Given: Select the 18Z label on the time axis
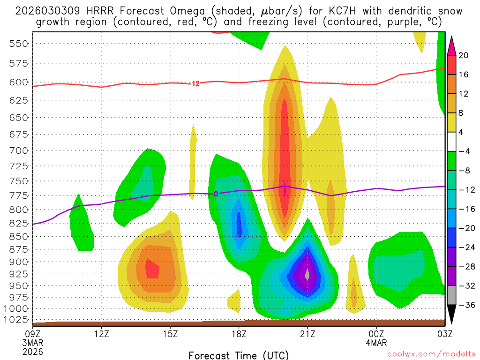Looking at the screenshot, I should pos(239,334).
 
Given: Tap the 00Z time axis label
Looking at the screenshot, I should pos(376,334).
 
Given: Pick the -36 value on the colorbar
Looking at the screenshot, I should pos(465,305).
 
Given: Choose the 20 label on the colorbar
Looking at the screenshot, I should pos(464,55).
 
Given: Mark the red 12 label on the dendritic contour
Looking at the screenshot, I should pos(195,84).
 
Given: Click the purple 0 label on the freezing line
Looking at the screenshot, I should pos(216,194).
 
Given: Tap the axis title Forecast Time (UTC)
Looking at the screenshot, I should pos(239,355).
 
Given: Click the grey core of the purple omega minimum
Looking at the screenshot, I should pos(307,274).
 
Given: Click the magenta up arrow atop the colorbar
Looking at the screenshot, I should pos(452,45).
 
